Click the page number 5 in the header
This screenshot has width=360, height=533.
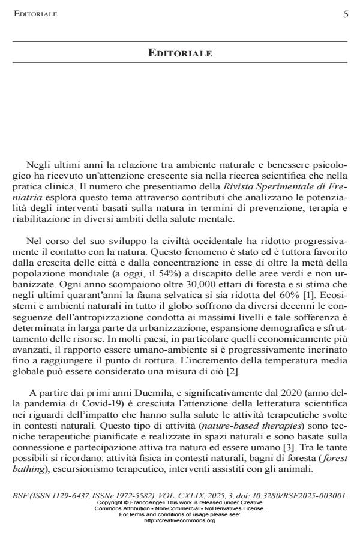coord(345,14)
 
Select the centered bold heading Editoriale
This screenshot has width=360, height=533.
coord(180,53)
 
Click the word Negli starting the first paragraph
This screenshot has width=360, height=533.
coord(38,164)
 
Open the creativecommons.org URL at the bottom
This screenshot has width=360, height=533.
coord(180,521)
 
